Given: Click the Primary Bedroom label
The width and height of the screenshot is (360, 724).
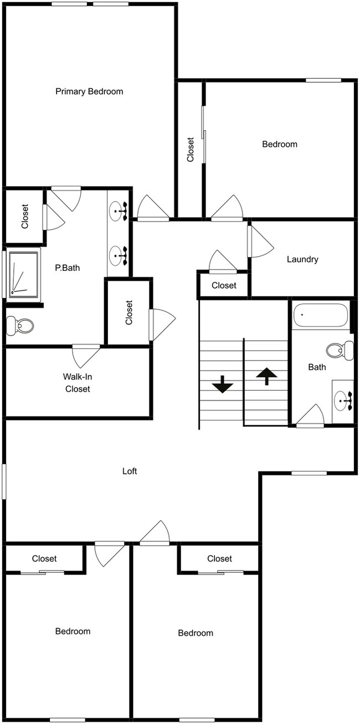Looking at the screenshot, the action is [x=89, y=91].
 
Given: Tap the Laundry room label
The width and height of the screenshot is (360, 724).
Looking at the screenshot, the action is [x=302, y=259].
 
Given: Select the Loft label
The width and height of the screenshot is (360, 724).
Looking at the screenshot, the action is [x=130, y=471].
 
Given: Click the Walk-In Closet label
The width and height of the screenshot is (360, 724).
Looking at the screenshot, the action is [x=78, y=383].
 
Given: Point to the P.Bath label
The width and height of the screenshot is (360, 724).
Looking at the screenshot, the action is [x=67, y=268].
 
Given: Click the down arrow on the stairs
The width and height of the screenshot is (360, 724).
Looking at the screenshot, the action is [x=222, y=384].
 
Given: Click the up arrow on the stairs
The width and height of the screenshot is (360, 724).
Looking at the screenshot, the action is [x=266, y=376].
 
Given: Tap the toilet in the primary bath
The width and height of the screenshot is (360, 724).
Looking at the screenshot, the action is [x=20, y=326].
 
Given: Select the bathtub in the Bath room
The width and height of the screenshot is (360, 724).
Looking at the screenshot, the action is [x=320, y=315].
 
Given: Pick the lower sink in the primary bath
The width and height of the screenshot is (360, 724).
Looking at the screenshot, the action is [x=119, y=256].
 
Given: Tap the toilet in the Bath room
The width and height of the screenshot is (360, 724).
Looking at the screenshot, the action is [x=340, y=350].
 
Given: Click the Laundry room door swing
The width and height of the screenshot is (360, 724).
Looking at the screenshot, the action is [x=261, y=241].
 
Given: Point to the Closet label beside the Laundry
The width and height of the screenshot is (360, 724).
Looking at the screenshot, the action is [x=224, y=285].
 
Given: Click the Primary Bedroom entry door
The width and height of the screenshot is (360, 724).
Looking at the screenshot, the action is [x=153, y=208].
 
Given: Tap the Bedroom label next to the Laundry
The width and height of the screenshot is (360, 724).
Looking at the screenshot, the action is [x=280, y=144].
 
